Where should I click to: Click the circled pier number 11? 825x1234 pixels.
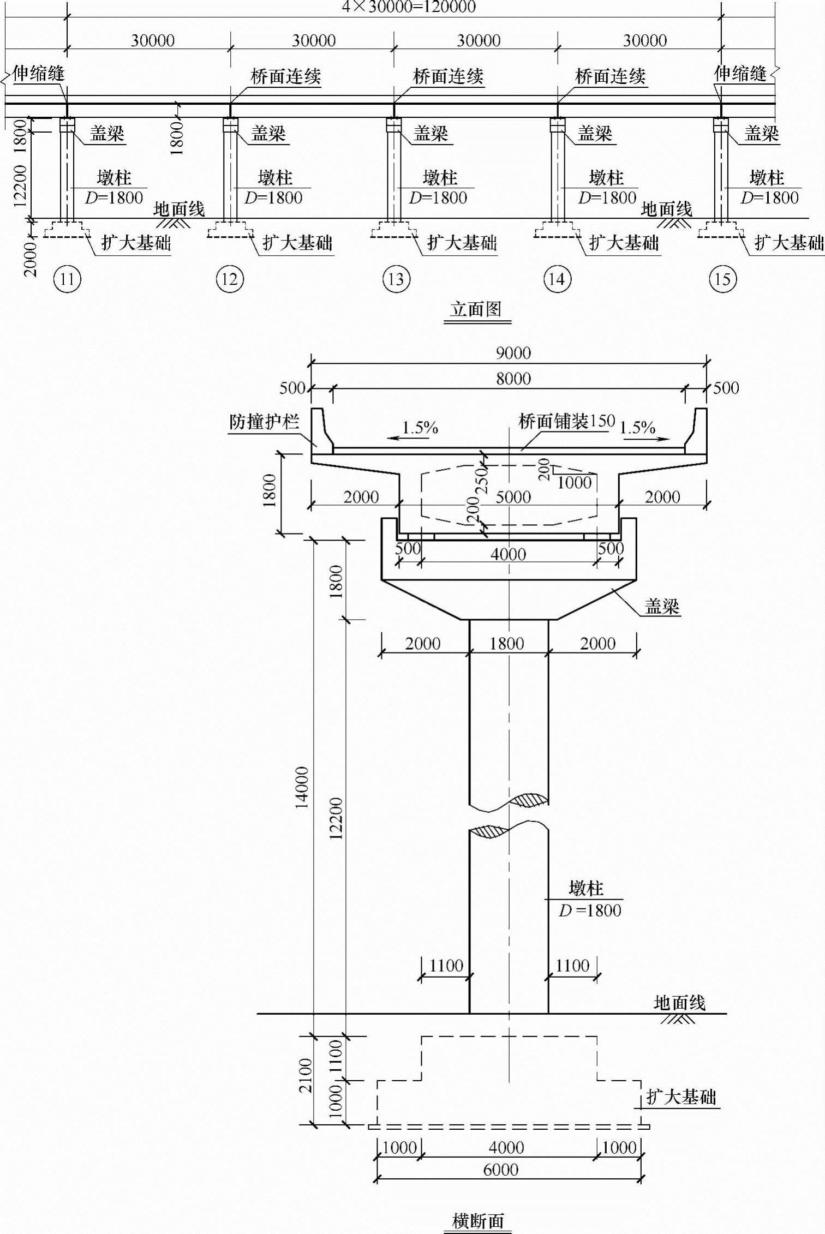[x=67, y=279]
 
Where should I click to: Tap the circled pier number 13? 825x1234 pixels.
[x=396, y=279]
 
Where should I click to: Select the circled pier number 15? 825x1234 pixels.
[x=722, y=279]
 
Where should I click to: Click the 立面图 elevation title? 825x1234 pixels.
[x=476, y=309]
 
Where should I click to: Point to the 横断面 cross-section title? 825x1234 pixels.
[x=478, y=1221]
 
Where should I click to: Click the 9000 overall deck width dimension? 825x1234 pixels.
[x=513, y=353]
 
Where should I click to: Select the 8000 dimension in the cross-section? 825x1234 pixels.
[x=513, y=379]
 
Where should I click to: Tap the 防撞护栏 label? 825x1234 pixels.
[x=264, y=422]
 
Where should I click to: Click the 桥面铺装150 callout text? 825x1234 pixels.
[x=566, y=421]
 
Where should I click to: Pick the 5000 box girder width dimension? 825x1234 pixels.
[x=513, y=497]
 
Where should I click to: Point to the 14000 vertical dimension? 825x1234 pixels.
[x=302, y=787]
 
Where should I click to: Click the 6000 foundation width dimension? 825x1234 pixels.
[x=500, y=1170]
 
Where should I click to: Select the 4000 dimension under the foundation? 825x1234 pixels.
[x=506, y=1147]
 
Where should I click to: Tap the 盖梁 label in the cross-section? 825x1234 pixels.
[x=662, y=606]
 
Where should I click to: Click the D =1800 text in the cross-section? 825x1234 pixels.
[x=590, y=910]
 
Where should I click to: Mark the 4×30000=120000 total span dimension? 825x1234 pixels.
[x=409, y=7]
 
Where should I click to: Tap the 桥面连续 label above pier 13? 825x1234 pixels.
[x=448, y=76]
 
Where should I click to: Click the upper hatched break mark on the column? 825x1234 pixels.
[x=528, y=800]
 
